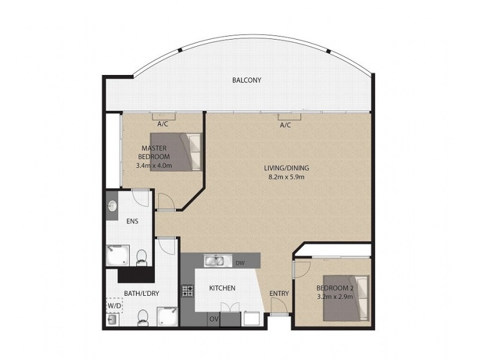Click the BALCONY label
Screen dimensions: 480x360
247,80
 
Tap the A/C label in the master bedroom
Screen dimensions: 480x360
163,124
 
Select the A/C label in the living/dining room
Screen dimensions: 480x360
286,125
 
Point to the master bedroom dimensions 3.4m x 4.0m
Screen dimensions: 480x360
154,166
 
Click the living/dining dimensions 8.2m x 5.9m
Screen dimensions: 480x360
286,177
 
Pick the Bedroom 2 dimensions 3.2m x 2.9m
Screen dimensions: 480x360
335,296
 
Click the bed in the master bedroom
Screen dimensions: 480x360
176,152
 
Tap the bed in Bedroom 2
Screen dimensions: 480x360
346,298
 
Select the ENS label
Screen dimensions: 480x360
132,221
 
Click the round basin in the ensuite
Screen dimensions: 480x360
112,206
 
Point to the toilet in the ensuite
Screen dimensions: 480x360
142,258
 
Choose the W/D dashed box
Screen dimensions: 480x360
114,305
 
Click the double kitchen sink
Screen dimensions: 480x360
215,261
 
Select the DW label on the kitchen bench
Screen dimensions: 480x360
241,263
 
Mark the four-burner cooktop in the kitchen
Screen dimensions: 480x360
187,291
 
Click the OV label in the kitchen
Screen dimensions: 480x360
214,319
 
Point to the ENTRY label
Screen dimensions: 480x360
279,293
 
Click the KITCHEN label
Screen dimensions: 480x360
222,288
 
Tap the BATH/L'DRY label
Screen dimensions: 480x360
142,293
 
